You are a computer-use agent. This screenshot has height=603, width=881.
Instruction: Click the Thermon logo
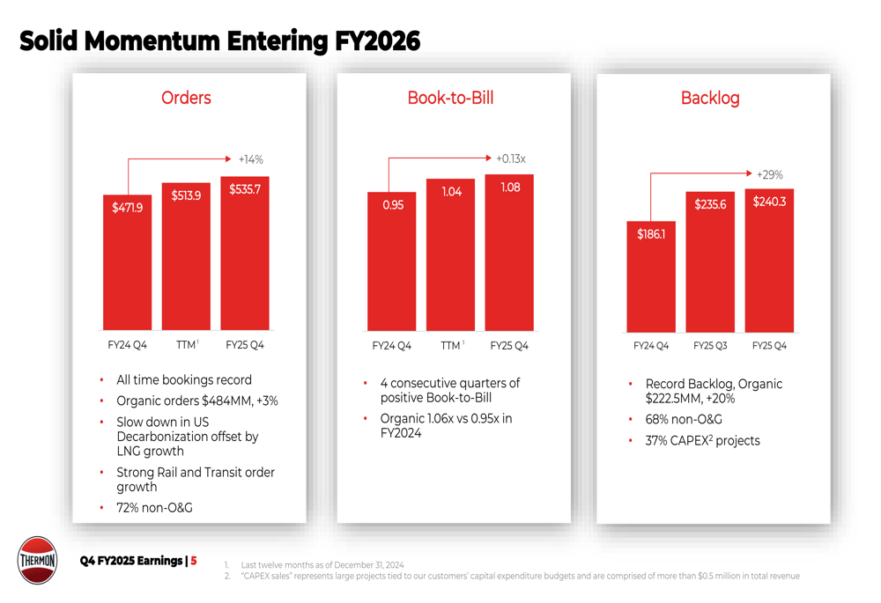click(x=38, y=560)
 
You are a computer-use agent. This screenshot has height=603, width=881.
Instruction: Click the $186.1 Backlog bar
click(x=651, y=276)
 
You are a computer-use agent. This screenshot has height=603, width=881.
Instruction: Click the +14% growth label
click(x=251, y=159)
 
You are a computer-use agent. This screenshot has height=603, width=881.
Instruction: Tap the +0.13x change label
click(x=510, y=158)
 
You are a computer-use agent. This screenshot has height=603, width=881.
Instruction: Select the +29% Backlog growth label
click(x=769, y=174)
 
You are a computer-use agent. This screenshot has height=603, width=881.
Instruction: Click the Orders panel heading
click(x=186, y=98)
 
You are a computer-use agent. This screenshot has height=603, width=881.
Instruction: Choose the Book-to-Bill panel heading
click(x=450, y=98)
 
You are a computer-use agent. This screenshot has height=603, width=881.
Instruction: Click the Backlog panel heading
click(x=710, y=98)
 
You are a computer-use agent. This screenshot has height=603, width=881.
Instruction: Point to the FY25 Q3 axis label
click(x=710, y=346)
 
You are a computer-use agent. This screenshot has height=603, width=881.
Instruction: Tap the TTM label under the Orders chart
click(x=184, y=345)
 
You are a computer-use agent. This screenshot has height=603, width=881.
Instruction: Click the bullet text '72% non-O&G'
click(x=154, y=508)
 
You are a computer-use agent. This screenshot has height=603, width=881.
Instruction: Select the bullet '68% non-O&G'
click(x=678, y=419)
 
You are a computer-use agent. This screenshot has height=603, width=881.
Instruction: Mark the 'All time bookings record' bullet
click(x=183, y=379)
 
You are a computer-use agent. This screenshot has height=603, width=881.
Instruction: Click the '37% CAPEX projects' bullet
click(x=702, y=440)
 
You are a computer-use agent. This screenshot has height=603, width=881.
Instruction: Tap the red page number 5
click(x=194, y=561)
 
